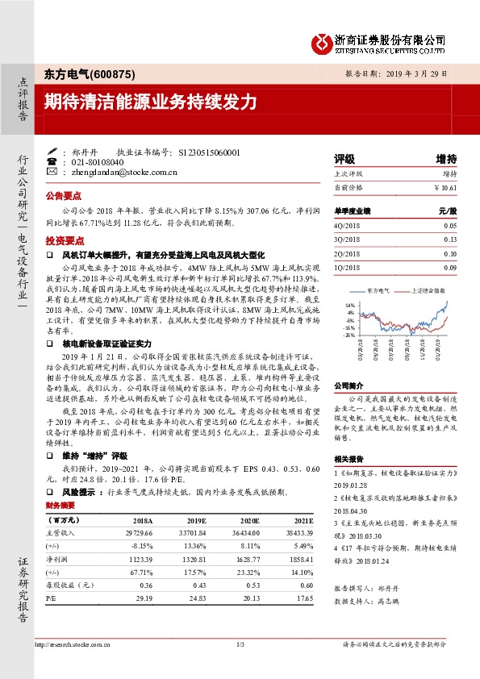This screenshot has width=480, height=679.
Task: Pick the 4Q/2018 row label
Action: tap(345, 227)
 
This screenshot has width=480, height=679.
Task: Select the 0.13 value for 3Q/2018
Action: tap(449, 240)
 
